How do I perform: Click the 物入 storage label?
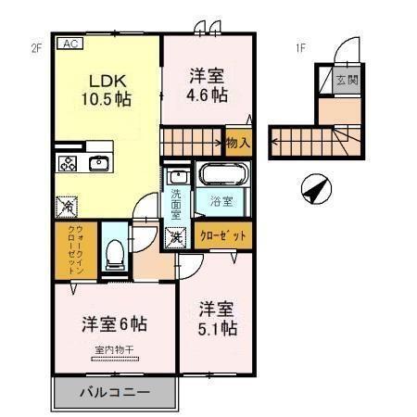coord(237,142)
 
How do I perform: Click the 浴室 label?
coord(221,200)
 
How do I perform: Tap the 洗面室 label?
coord(176,202)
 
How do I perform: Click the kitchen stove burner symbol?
coord(69,164)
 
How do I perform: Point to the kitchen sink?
coord(99,164)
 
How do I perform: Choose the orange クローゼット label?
coord(223,235)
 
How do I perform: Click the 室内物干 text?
coord(115,349)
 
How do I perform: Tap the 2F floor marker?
coord(37,47)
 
